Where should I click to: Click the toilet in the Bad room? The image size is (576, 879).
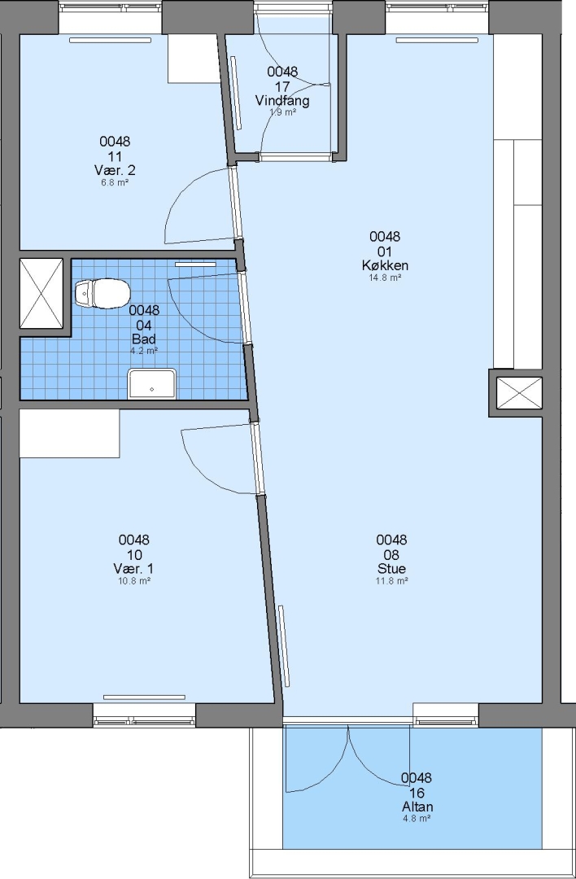[103, 293]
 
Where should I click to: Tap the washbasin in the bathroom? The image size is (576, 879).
[152, 383]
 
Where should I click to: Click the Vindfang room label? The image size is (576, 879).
[282, 101]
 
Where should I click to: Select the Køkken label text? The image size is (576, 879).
[385, 265]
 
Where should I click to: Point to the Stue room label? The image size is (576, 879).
[391, 570]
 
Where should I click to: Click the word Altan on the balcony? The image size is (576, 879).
[417, 807]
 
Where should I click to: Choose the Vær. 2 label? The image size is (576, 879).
[115, 170]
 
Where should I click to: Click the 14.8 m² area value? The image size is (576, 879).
[385, 278]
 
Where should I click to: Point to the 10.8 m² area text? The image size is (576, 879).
[134, 581]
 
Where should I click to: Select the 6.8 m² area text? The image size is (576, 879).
[115, 182]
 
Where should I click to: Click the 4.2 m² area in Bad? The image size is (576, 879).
[144, 351]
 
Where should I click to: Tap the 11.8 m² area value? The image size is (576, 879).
[391, 581]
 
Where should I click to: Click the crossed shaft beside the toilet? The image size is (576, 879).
[41, 293]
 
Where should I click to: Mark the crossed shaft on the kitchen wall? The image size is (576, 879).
[519, 393]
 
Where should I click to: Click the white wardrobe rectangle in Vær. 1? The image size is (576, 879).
[69, 433]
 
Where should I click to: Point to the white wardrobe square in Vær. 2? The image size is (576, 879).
[194, 59]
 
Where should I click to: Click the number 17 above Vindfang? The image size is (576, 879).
[282, 86]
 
